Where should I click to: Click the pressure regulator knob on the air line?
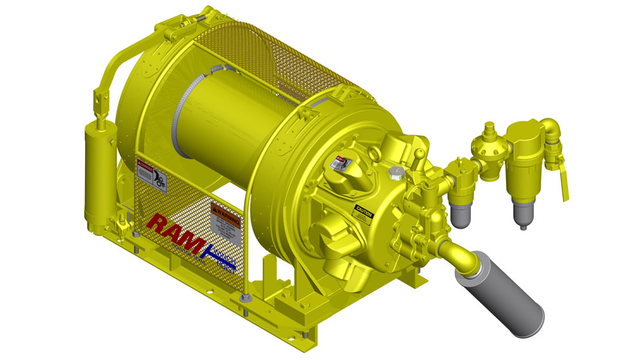click(488, 129)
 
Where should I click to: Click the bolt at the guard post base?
click(245, 298)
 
